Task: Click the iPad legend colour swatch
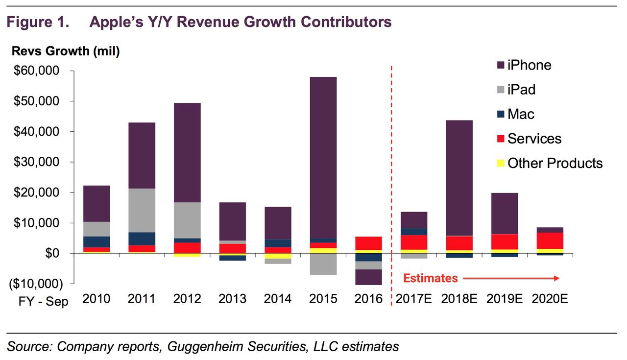[500, 90]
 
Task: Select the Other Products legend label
[555, 163]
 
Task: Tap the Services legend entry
[534, 139]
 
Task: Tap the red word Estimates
[430, 278]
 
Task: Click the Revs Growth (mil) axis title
[65, 51]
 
